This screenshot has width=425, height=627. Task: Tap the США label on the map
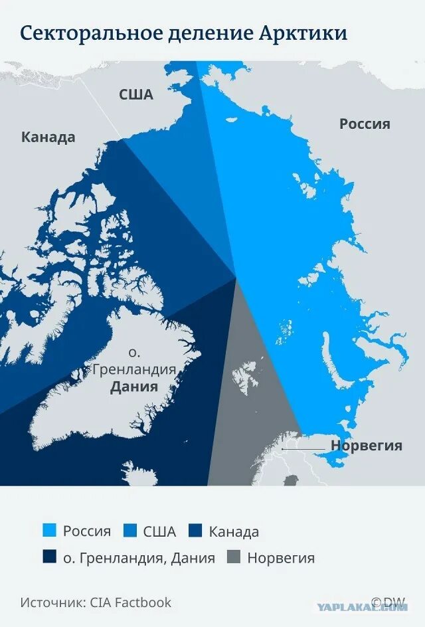(x=135, y=94)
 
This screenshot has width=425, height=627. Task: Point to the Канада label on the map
(x=48, y=137)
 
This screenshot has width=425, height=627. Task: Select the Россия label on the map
(x=365, y=124)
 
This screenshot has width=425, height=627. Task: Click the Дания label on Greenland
(x=134, y=387)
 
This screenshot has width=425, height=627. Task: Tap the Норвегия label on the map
(x=367, y=446)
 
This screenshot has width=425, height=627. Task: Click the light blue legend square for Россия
(x=49, y=531)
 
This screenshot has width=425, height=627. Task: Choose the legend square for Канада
(x=195, y=531)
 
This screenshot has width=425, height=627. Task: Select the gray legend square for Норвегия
(x=234, y=558)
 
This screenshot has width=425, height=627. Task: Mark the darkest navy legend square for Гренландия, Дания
(x=49, y=558)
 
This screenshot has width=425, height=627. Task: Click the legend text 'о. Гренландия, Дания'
(x=139, y=558)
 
